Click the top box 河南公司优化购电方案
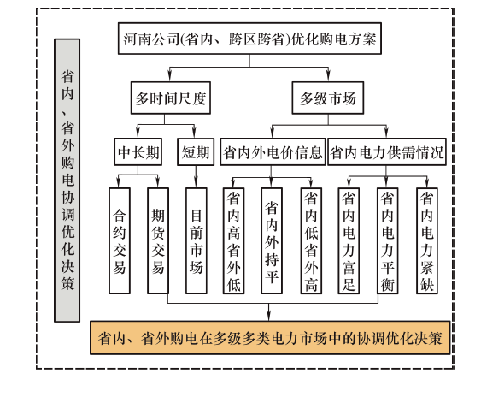[x=249, y=39]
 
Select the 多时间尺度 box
[x=171, y=98]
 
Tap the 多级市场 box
[x=327, y=98]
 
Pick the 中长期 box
[x=138, y=151]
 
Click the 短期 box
[x=196, y=151]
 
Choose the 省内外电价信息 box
[x=273, y=151]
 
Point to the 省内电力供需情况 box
[x=387, y=151]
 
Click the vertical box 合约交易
[x=120, y=240]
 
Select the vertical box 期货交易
[x=158, y=240]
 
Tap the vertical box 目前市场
[x=197, y=240]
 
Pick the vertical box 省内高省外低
[x=234, y=240]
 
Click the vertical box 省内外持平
[x=272, y=240]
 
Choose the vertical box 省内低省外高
[x=311, y=240]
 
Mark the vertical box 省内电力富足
[x=349, y=240]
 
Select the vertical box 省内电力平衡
[x=387, y=240]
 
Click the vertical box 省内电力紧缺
[x=426, y=240]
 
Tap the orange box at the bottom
[x=270, y=338]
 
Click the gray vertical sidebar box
[x=67, y=181]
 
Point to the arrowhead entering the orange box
[x=269, y=317]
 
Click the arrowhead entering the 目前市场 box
[x=196, y=183]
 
